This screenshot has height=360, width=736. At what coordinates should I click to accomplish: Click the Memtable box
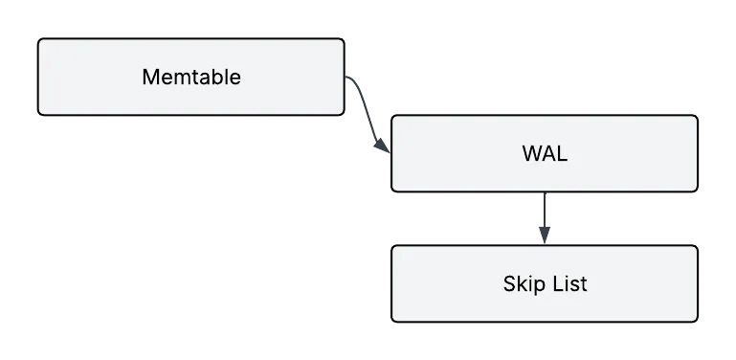pos(190,77)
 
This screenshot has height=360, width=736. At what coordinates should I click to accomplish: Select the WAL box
pos(544,153)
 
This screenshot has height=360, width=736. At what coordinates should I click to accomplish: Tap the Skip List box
pos(544,283)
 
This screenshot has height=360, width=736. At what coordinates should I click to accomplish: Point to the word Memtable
pos(190,77)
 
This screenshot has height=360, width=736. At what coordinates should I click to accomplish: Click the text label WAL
pos(544,153)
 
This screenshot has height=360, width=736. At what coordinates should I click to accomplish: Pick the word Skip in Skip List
pos(522,283)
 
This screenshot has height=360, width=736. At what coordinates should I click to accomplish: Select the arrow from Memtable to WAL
pos(368,115)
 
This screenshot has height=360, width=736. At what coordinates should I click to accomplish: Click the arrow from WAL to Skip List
pos(545,218)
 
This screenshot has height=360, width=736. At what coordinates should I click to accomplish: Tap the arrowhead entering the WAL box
pos(386,151)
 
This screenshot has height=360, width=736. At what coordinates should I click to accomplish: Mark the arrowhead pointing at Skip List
pos(544,238)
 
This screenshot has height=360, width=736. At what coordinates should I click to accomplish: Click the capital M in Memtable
pos(149,77)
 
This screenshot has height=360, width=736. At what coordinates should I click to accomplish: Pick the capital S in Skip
pos(509,283)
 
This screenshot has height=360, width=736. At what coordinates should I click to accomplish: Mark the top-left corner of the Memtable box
pos(41,41)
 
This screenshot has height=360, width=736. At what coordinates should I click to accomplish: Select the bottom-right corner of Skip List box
pos(694,319)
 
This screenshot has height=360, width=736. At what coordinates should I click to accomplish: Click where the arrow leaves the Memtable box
pos(346,77)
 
